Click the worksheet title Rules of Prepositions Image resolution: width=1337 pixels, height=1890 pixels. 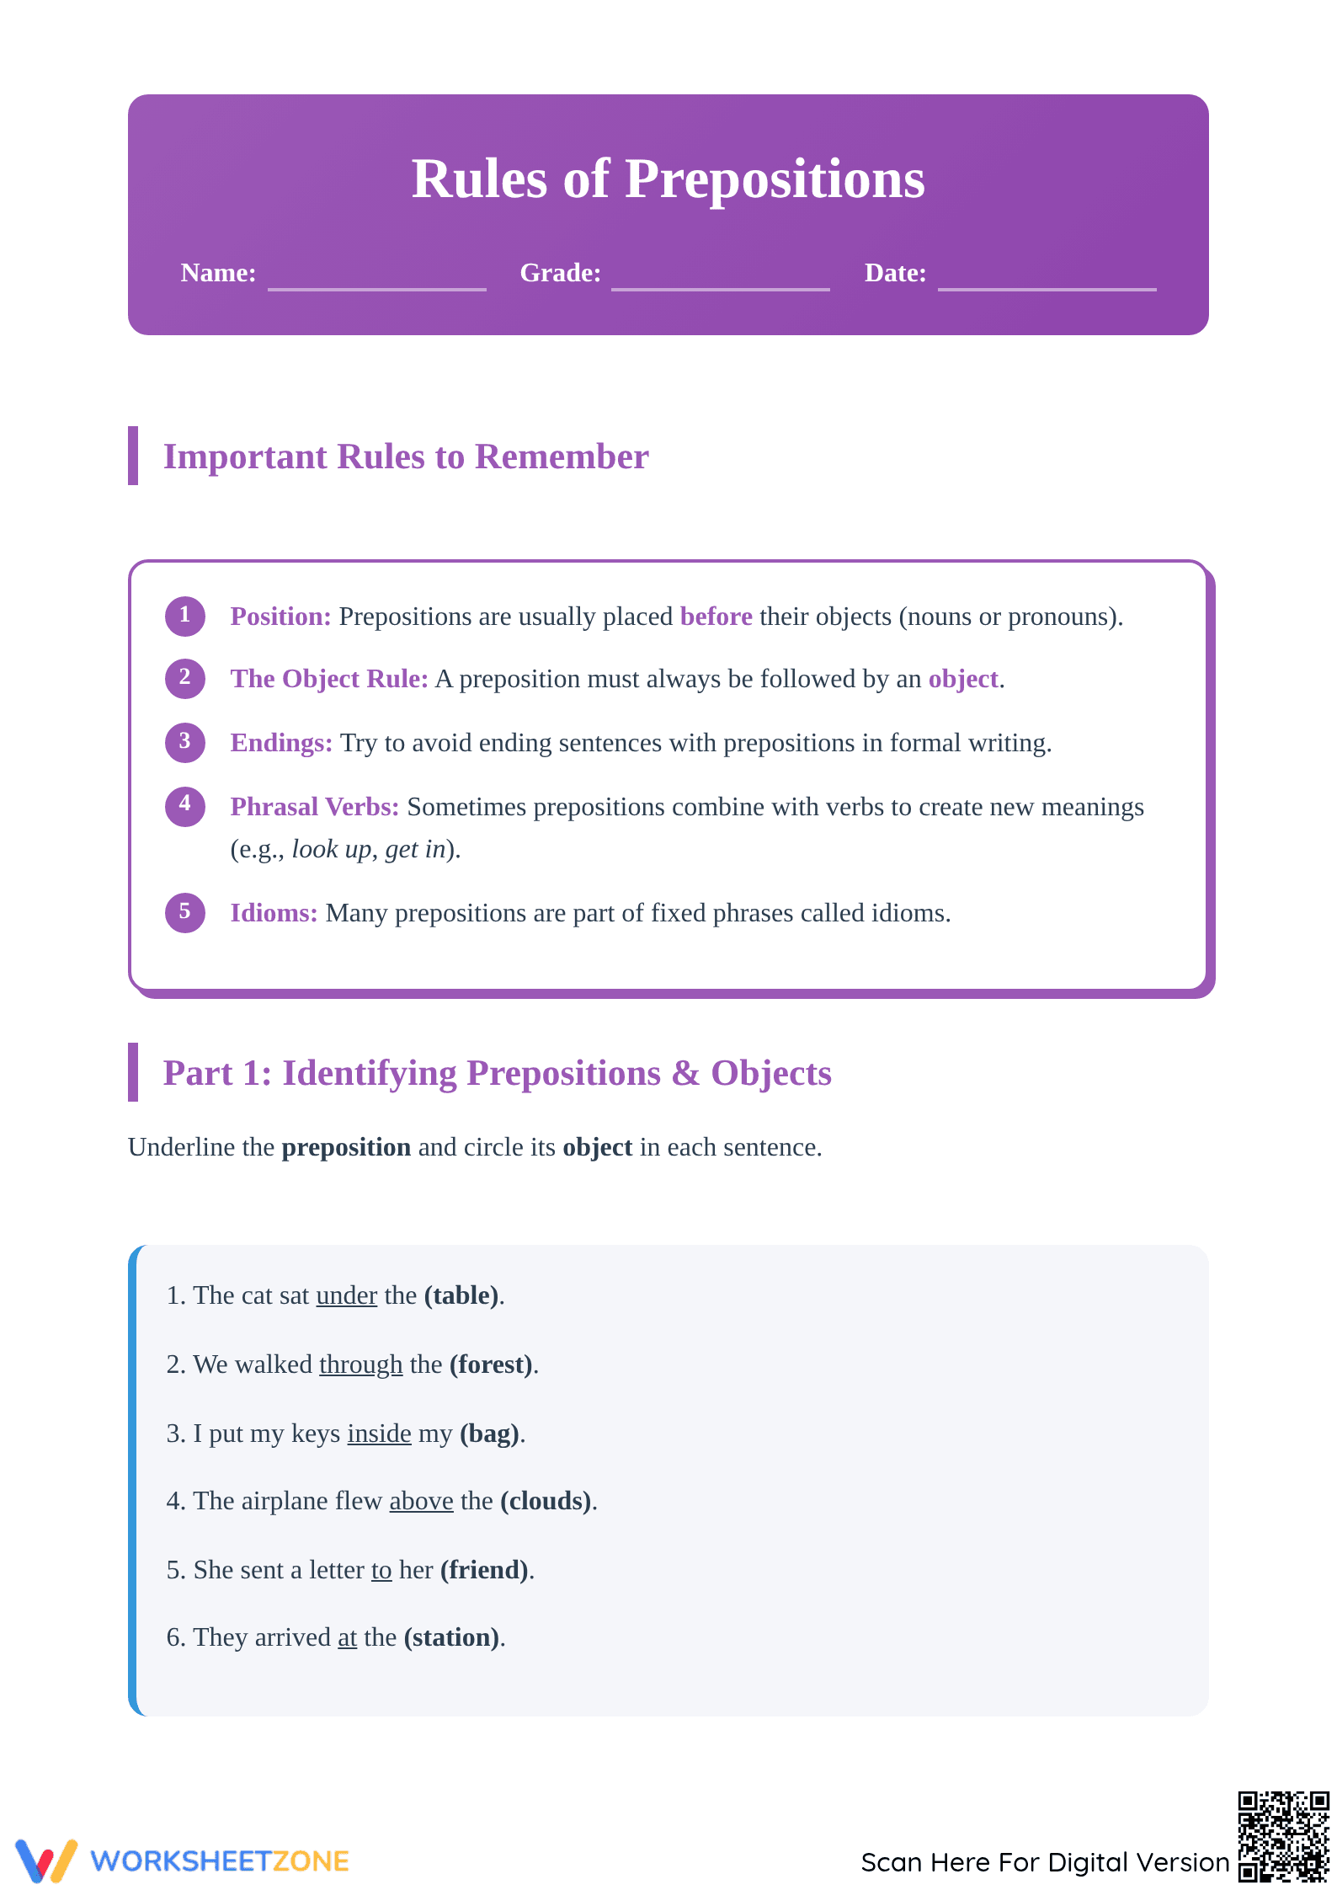(668, 179)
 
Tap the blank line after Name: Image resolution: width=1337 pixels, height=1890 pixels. (377, 289)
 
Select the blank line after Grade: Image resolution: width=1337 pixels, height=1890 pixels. (721, 289)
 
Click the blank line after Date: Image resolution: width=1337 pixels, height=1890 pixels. (1047, 289)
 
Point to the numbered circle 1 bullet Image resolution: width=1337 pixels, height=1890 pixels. (185, 616)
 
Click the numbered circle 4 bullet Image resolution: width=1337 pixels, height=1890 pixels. (185, 806)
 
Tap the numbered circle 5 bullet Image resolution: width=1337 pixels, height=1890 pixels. (185, 912)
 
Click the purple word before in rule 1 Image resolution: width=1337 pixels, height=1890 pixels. (716, 617)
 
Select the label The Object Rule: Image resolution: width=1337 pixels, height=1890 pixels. (329, 679)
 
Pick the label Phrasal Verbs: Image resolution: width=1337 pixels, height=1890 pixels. (315, 807)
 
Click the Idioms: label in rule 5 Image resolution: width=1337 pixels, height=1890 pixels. (274, 913)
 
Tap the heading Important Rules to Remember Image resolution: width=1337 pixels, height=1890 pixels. (406, 456)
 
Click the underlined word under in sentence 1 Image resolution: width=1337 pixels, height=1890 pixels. (346, 1295)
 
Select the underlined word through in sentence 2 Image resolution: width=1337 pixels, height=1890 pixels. (360, 1364)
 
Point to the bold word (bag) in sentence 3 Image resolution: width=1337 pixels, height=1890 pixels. (489, 1434)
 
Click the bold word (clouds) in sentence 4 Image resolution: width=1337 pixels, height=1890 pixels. (546, 1501)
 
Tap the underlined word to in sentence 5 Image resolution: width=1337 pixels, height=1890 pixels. (381, 1570)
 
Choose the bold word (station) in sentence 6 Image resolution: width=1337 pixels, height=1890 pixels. (452, 1637)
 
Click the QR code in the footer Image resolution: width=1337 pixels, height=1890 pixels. (1283, 1836)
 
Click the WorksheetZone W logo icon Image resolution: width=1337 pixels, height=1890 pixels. (46, 1861)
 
